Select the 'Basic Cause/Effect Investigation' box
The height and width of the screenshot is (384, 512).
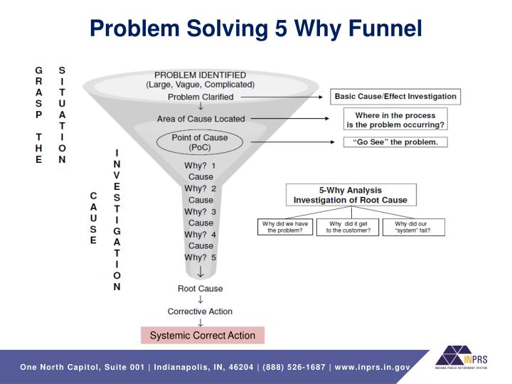[x=395, y=96]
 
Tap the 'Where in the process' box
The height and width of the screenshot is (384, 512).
[x=405, y=119]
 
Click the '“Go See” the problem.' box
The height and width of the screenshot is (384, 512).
[x=395, y=142]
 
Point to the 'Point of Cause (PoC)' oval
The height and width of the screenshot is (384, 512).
[x=201, y=142]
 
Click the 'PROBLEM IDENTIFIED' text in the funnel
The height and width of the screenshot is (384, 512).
[x=201, y=75]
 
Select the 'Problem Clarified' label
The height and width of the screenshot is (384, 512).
[x=201, y=96]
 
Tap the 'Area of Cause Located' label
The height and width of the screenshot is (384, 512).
[x=201, y=119]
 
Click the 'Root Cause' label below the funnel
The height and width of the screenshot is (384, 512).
[x=200, y=289]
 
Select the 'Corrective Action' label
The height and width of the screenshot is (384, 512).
[x=200, y=311]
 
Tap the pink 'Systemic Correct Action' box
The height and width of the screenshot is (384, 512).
[x=203, y=335]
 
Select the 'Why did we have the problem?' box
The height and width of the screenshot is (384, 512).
[x=283, y=227]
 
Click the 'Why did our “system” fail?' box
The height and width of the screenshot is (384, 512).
[x=414, y=227]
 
